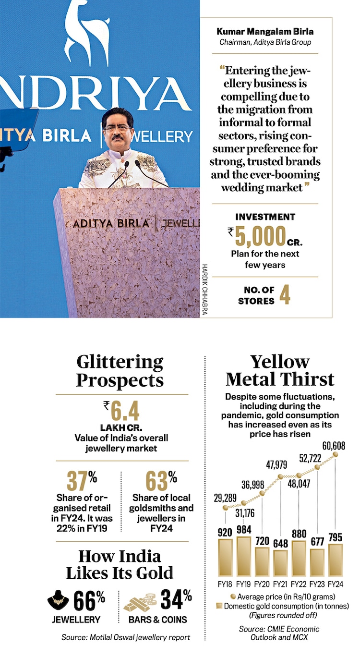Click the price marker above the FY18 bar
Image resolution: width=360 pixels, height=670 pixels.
click(225, 506)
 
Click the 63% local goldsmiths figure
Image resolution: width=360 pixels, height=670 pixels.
click(161, 480)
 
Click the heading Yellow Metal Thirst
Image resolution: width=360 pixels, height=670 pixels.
click(280, 370)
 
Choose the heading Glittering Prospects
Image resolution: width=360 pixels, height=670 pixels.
click(120, 371)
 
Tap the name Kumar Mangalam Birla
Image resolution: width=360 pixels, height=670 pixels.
click(264, 32)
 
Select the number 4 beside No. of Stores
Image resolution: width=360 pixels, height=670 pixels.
click(285, 296)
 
